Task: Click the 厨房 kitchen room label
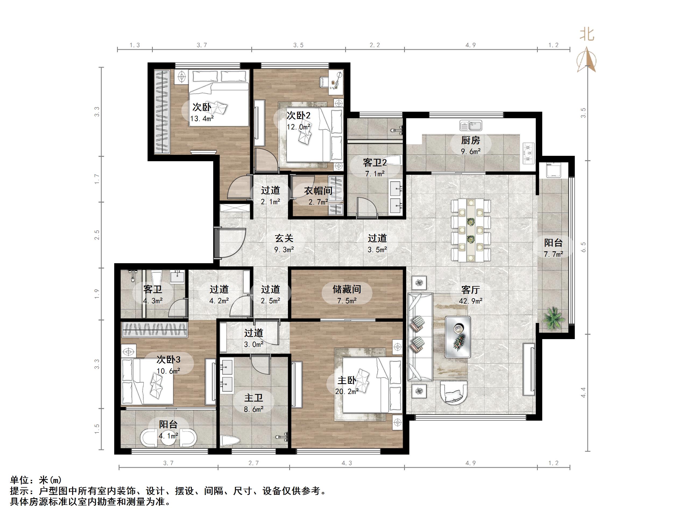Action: (470, 140)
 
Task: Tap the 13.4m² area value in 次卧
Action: (202, 118)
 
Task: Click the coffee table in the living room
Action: (458, 337)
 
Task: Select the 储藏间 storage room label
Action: (347, 289)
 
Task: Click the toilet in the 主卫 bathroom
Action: (230, 441)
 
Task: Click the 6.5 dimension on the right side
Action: (583, 247)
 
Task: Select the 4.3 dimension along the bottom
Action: (347, 463)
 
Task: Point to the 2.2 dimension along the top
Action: (375, 45)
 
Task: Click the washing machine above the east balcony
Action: (553, 170)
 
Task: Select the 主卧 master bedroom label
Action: (347, 380)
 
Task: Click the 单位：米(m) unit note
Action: (36, 480)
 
